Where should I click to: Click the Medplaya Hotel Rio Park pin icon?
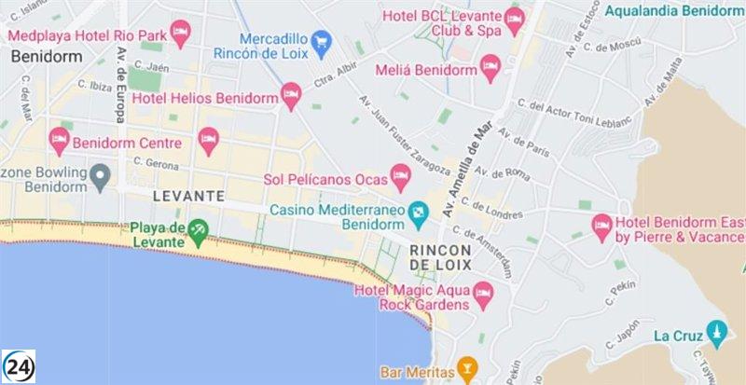[181, 34]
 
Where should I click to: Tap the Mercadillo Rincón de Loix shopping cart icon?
[322, 40]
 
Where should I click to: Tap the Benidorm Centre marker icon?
[60, 140]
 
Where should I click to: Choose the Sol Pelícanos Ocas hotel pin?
[400, 173]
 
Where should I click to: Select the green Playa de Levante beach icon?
[198, 229]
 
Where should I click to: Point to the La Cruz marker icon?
[716, 332]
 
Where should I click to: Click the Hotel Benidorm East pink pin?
[601, 224]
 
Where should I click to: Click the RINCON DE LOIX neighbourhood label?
[441, 257]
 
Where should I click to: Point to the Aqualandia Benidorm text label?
[675, 10]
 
